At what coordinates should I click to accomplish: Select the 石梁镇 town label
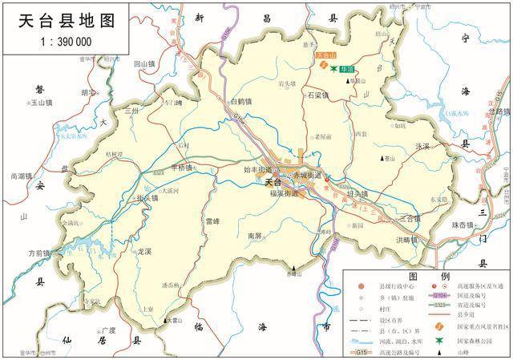pyautogui.click(x=318, y=95)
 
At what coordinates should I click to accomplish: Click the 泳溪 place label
pyautogui.click(x=422, y=146)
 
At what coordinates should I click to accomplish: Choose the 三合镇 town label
pyautogui.click(x=409, y=218)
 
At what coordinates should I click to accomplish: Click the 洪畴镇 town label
pyautogui.click(x=407, y=240)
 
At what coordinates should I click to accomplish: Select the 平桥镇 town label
pyautogui.click(x=182, y=168)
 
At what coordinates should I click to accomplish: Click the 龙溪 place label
pyautogui.click(x=144, y=251)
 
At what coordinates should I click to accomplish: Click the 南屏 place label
pyautogui.click(x=255, y=236)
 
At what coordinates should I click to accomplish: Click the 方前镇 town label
pyautogui.click(x=40, y=253)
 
